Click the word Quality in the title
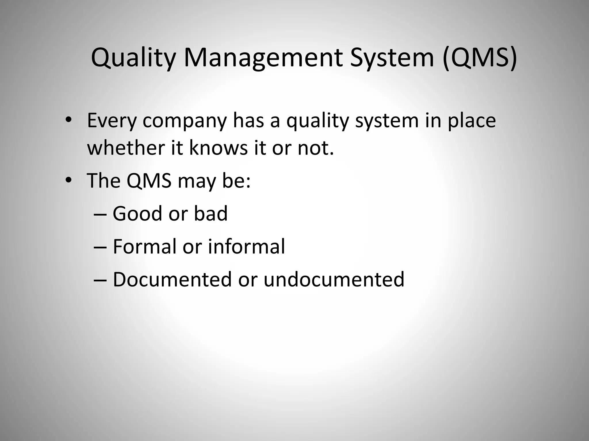click(x=133, y=59)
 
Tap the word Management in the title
click(x=263, y=59)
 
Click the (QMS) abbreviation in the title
click(x=480, y=59)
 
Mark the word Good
click(x=137, y=214)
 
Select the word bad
click(x=211, y=214)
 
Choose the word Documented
click(x=172, y=279)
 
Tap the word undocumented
click(x=334, y=279)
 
